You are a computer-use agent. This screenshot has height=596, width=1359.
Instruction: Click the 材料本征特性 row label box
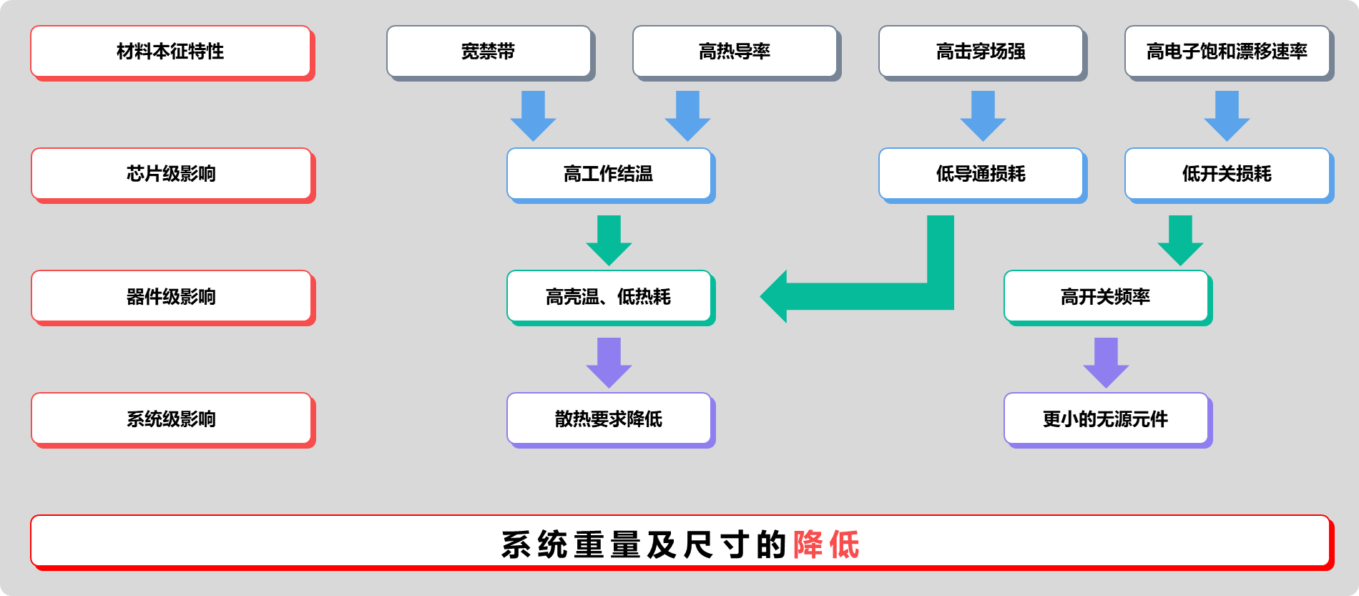click(x=171, y=52)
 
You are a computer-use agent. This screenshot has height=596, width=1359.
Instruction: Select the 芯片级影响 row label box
click(x=171, y=174)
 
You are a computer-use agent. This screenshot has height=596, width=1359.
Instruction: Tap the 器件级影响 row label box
click(x=171, y=296)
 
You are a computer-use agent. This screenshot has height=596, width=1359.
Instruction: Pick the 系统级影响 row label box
click(x=171, y=419)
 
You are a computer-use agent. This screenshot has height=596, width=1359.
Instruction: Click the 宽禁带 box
click(x=489, y=52)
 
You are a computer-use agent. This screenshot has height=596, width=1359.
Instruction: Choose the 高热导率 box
click(x=735, y=52)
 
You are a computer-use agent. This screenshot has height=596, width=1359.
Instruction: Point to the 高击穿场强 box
click(x=981, y=52)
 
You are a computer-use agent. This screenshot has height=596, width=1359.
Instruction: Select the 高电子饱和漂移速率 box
click(x=1227, y=52)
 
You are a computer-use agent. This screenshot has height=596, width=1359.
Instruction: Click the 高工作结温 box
click(x=609, y=174)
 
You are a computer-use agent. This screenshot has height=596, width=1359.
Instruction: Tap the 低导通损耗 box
click(x=981, y=174)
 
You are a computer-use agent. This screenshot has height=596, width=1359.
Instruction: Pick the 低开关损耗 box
click(x=1227, y=174)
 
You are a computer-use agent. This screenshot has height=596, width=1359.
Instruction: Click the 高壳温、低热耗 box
click(x=609, y=296)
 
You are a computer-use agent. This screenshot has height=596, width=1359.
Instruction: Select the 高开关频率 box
click(x=1106, y=296)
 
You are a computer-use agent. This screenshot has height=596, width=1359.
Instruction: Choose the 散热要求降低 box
click(x=609, y=419)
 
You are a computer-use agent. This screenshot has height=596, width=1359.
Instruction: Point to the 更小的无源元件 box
click(x=1106, y=419)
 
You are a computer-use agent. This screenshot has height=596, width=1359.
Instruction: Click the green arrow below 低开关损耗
click(x=1180, y=240)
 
